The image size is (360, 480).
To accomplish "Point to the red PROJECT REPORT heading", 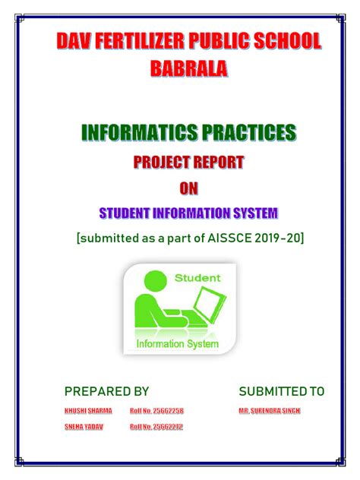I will [189, 162].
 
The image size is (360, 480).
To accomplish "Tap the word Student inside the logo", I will [197, 278].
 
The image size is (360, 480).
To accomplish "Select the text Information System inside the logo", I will [177, 344].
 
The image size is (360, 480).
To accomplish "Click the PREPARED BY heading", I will [106, 391].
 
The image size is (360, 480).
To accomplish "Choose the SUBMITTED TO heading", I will [281, 391].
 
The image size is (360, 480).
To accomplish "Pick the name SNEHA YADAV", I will [83, 427].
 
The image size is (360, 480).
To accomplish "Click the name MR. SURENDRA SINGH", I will [269, 411].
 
